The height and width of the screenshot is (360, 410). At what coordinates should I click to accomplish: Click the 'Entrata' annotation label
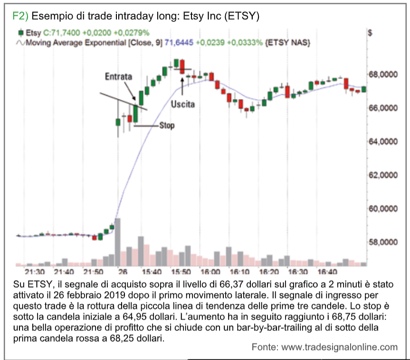click(119, 76)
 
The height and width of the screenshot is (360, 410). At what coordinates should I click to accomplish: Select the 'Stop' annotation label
click(167, 126)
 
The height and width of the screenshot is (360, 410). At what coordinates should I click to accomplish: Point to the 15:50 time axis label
click(181, 272)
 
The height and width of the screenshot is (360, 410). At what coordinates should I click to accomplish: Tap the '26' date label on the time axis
click(123, 272)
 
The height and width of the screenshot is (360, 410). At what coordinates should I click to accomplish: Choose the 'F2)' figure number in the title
click(20, 16)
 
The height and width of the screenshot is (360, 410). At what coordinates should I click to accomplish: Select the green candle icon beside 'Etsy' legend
click(20, 33)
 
